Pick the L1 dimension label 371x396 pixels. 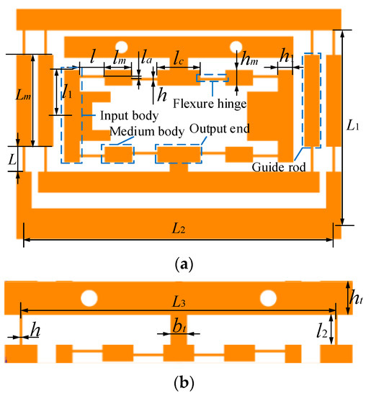352,127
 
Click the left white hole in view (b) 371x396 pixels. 89,297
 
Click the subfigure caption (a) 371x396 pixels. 185,264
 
